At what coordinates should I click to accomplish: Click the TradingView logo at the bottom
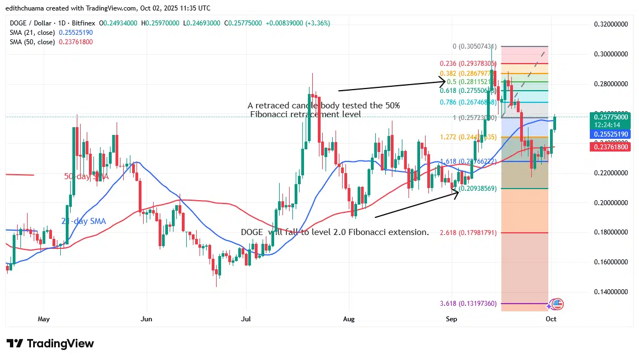point(50,343)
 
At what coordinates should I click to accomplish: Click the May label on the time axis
point(44,319)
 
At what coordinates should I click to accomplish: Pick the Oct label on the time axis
point(551,319)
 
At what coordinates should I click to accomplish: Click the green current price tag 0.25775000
point(611,117)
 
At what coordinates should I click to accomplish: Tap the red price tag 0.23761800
point(611,147)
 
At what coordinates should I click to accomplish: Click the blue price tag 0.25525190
point(611,134)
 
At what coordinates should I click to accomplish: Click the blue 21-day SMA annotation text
point(83,221)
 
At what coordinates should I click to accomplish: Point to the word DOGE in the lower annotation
point(252,232)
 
